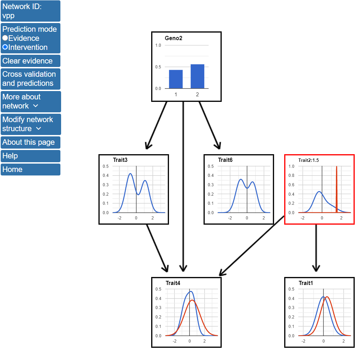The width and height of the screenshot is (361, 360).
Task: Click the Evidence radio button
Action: [5, 38]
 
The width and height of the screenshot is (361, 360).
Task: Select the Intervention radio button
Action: [5, 47]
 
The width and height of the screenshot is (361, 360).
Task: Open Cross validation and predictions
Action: [30, 79]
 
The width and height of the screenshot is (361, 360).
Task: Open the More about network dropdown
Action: [30, 102]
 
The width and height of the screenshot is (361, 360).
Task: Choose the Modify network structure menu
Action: [30, 124]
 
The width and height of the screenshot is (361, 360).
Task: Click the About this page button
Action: [30, 142]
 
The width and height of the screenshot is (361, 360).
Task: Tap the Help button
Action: [30, 156]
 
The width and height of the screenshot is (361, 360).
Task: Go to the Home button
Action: [30, 170]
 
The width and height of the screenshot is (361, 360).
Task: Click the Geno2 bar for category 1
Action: [176, 79]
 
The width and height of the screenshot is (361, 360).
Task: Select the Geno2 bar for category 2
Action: [197, 76]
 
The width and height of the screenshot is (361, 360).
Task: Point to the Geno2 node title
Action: [174, 38]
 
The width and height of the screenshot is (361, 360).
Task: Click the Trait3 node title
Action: [120, 160]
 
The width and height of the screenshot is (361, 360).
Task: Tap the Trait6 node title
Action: [225, 160]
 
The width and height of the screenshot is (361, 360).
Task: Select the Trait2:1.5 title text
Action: [309, 160]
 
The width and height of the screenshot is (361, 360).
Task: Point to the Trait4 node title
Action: [173, 283]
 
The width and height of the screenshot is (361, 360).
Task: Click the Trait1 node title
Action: [306, 283]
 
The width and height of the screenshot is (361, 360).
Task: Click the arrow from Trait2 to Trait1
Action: [316, 248]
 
